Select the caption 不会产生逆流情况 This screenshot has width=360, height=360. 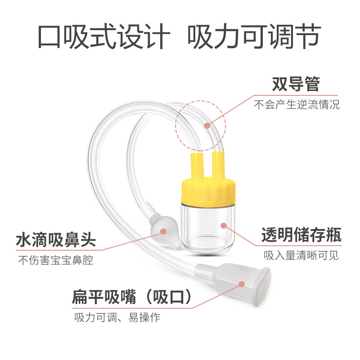(297, 105)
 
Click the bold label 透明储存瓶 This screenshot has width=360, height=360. (301, 235)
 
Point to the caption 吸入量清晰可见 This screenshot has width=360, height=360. (301, 256)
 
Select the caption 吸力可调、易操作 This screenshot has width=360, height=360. (117, 317)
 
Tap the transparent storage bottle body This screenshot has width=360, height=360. (208, 227)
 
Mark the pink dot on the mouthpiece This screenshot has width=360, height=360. (241, 284)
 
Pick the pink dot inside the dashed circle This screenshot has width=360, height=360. (207, 125)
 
